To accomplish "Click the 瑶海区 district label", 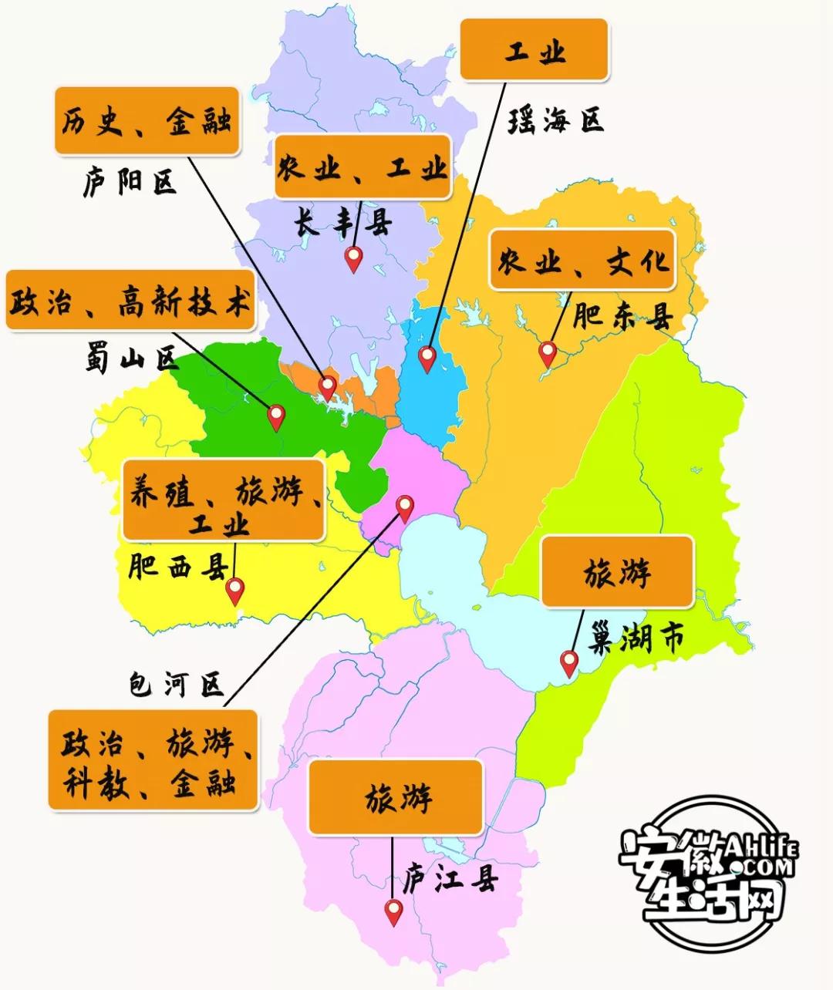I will pyautogui.click(x=555, y=120).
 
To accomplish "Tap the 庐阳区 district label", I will pyautogui.click(x=130, y=183).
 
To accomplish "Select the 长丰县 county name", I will pyautogui.click(x=342, y=223).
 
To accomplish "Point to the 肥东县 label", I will pyautogui.click(x=623, y=316).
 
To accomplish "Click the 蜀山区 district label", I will pyautogui.click(x=132, y=359).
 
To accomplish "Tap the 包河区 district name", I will pyautogui.click(x=176, y=684).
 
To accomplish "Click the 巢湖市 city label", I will pyautogui.click(x=636, y=638).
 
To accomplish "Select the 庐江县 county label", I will pyautogui.click(x=450, y=880).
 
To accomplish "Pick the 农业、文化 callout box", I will pyautogui.click(x=582, y=261).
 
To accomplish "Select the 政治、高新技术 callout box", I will pyautogui.click(x=130, y=301).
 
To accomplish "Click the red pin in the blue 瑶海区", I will pyautogui.click(x=427, y=358).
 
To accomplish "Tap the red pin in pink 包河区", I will pyautogui.click(x=405, y=507).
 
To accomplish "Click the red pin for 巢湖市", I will pyautogui.click(x=569, y=662).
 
